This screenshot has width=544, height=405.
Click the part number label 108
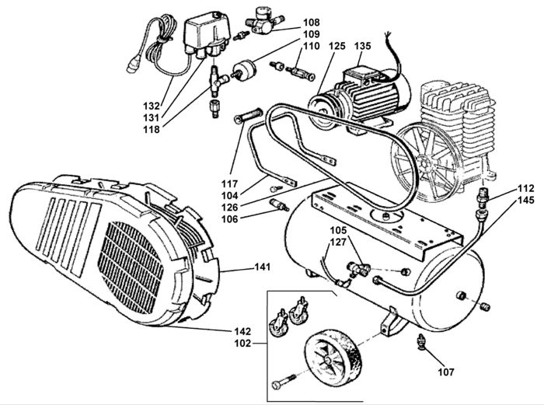pyautogui.click(x=311, y=23)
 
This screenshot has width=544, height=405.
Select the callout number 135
pyautogui.click(x=363, y=46)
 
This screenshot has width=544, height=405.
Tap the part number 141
pyautogui.click(x=263, y=267)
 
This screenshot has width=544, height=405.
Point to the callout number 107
pyautogui.click(x=446, y=372)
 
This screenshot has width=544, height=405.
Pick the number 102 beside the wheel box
pyautogui.click(x=242, y=344)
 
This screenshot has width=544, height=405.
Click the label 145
pyautogui.click(x=526, y=201)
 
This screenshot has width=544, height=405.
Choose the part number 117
pyautogui.click(x=230, y=183)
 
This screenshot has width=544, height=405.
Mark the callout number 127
pyautogui.click(x=338, y=242)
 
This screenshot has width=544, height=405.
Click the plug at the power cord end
pyautogui.click(x=133, y=65)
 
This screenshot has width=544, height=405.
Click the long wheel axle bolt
pyautogui.click(x=283, y=382)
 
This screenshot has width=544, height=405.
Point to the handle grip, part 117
pyautogui.click(x=249, y=115)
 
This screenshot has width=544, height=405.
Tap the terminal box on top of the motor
pyautogui.click(x=359, y=77)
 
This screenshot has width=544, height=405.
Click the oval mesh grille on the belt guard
pyautogui.click(x=131, y=265)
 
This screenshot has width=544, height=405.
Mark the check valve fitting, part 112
pyautogui.click(x=483, y=195)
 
